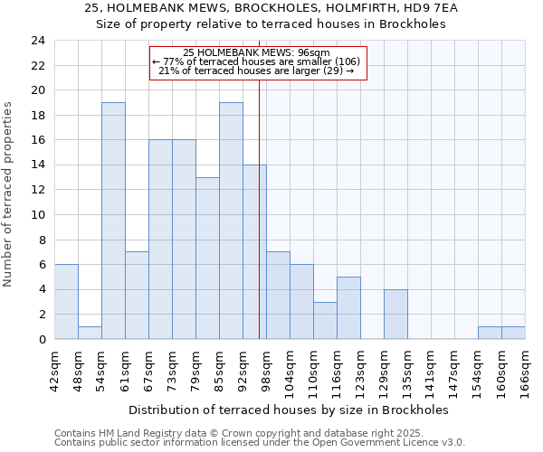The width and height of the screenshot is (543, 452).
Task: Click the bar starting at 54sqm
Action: click(113, 221)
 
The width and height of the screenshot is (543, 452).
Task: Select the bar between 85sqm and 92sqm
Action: click(231, 221)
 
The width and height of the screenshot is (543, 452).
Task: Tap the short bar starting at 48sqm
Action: click(90, 333)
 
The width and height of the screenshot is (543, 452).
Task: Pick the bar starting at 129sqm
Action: click(395, 314)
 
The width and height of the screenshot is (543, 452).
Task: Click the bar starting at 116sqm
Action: click(348, 307)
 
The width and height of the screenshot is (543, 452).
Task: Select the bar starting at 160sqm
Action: click(513, 333)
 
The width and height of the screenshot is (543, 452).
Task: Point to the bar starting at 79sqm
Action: click(207, 258)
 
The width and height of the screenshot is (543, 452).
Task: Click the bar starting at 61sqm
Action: click(137, 296)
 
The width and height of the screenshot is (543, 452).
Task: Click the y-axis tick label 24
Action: click(38, 41)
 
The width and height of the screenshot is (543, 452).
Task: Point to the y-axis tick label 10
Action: click(38, 215)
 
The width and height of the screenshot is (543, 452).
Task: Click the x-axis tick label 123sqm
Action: click(360, 369)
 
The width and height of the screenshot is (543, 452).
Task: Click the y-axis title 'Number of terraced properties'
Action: click(9, 194)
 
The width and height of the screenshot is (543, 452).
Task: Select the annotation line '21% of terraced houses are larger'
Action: click(256, 71)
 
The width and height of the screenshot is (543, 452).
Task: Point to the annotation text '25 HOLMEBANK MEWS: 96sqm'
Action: click(256, 53)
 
